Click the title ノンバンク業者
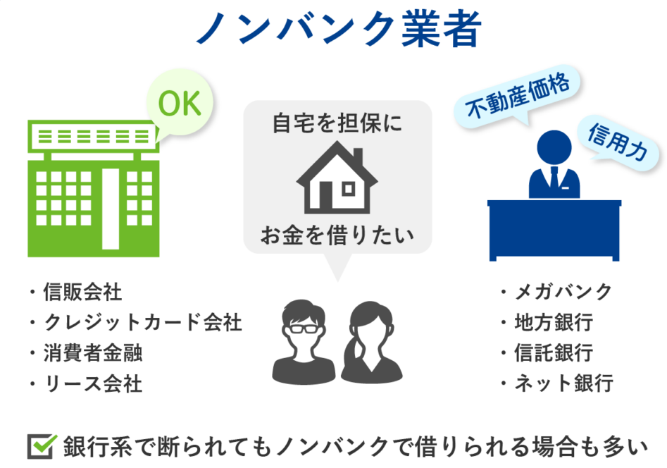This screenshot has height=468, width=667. (339, 29)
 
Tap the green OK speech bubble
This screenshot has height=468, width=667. (180, 103)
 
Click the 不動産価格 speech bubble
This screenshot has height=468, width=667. (517, 97)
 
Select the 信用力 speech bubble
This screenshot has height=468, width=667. (618, 142)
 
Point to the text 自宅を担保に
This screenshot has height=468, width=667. (337, 123)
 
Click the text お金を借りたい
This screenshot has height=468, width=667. (337, 235)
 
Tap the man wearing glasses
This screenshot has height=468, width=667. (304, 342)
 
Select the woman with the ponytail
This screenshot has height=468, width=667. (371, 342)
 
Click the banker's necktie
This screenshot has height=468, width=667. (554, 176)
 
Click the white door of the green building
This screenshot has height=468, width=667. (111, 209)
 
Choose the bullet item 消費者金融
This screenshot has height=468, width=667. (87, 353)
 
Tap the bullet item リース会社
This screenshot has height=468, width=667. (87, 383)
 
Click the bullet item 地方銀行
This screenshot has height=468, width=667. (547, 322)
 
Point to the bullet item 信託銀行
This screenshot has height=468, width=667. (547, 353)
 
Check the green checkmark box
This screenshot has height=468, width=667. (42, 446)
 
